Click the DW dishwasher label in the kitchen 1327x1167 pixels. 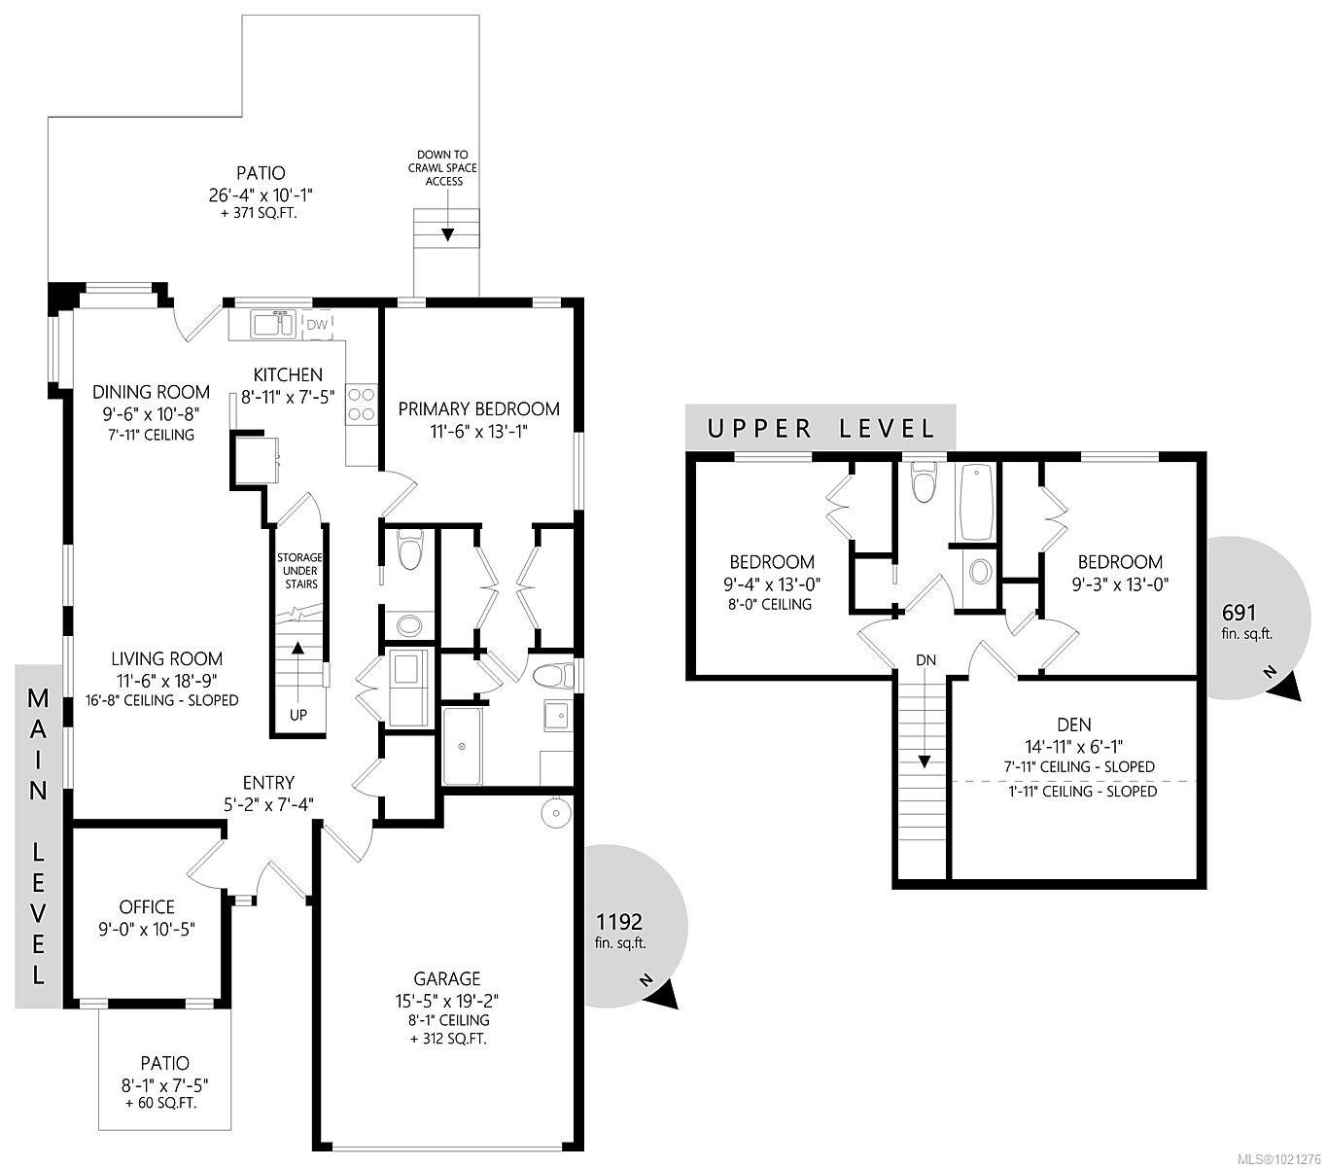317,324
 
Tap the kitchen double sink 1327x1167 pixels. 272,324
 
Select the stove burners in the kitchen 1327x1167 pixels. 362,404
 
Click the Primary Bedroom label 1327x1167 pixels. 479,408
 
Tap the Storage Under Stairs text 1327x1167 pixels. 298,571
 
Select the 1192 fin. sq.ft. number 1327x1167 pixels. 619,922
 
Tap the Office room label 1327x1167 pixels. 147,907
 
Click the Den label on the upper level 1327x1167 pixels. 1073,725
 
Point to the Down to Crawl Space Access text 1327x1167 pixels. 442,167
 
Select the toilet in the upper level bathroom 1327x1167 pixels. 922,483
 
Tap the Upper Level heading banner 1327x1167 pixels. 821,428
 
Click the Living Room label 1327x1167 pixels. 166,659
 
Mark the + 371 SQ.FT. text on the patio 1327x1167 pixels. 260,212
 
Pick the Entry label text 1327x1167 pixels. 268,783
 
